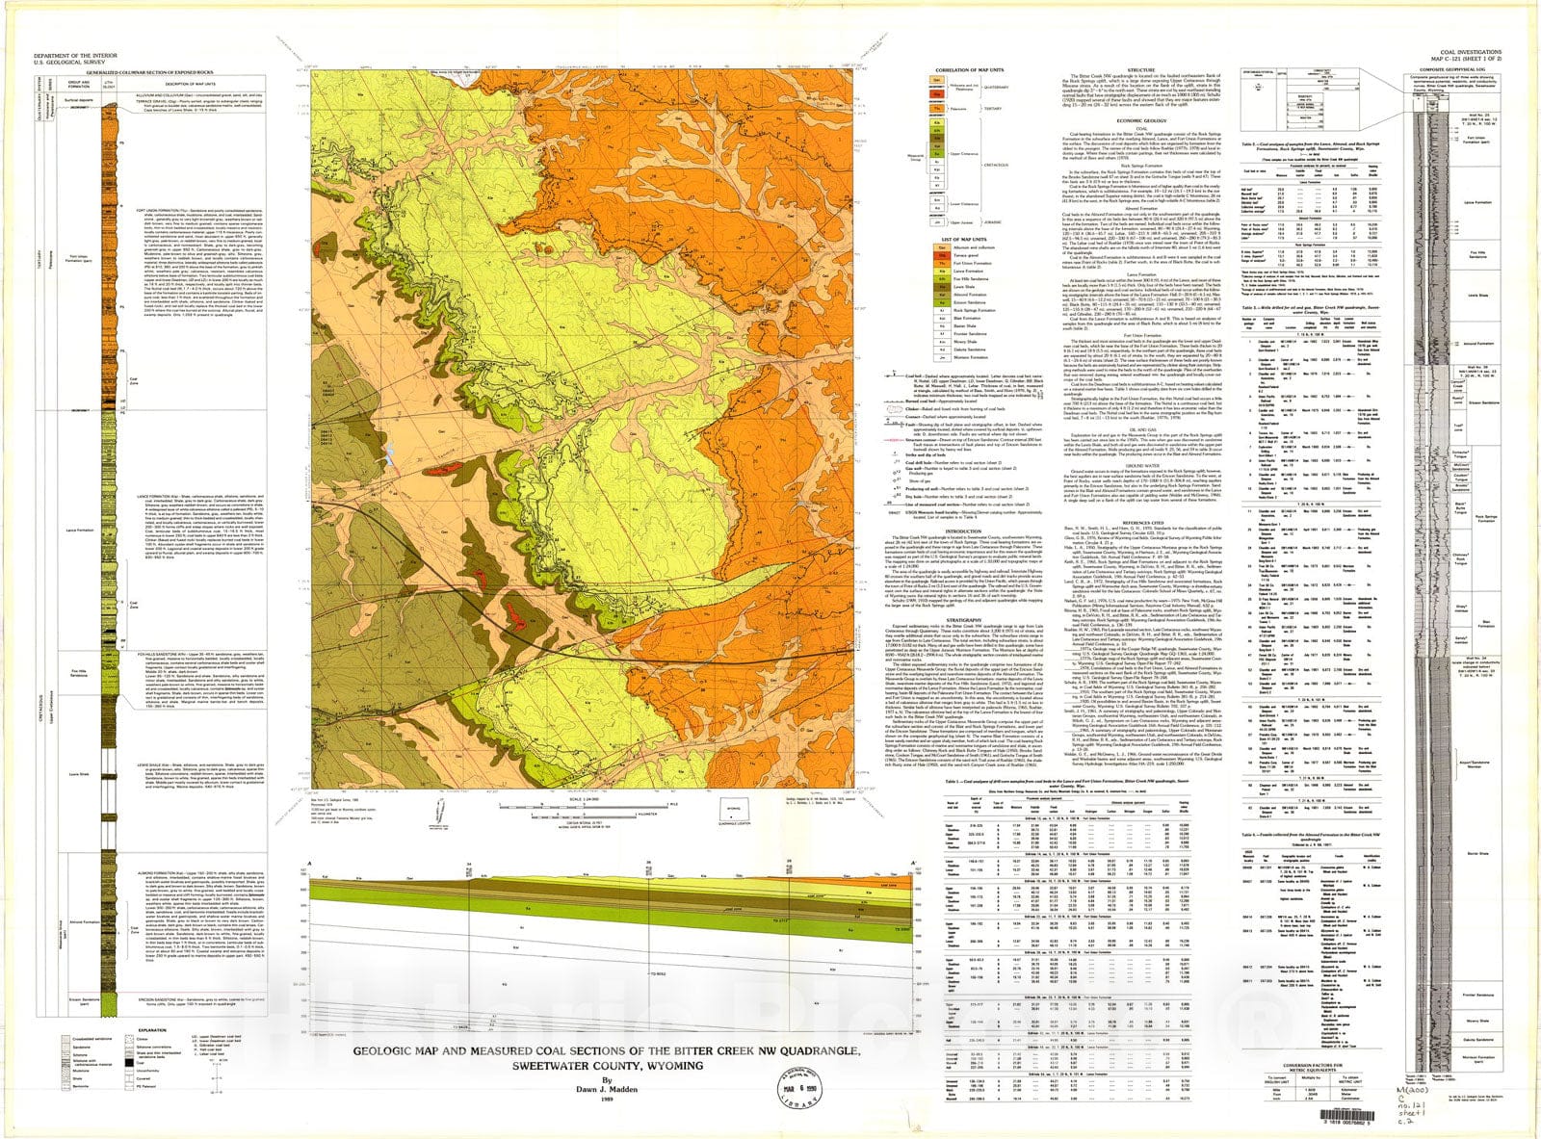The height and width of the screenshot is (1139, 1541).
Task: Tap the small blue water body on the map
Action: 388,453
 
